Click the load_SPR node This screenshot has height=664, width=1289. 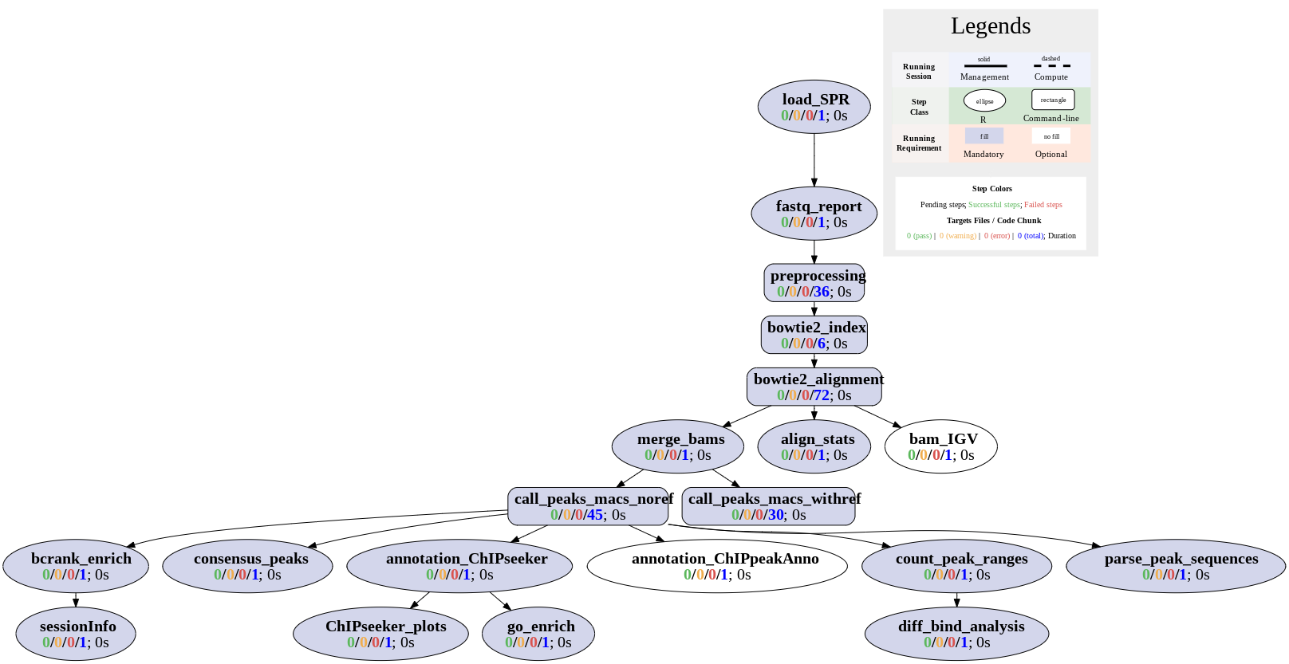pyautogui.click(x=814, y=107)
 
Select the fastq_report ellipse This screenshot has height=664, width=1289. pyautogui.click(x=814, y=214)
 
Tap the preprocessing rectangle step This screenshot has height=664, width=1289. pyautogui.click(x=814, y=283)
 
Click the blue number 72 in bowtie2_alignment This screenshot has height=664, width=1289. pyautogui.click(x=822, y=395)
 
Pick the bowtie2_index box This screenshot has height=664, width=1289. pyautogui.click(x=814, y=335)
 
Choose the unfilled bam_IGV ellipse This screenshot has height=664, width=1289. pyautogui.click(x=940, y=446)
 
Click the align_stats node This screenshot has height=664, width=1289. pyautogui.click(x=814, y=446)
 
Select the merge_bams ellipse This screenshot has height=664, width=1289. pyautogui.click(x=678, y=446)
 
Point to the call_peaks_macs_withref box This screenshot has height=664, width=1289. pyautogui.click(x=768, y=506)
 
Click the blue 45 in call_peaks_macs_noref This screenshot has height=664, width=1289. pyautogui.click(x=595, y=515)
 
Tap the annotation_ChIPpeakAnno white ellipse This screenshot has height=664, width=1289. pyautogui.click(x=716, y=566)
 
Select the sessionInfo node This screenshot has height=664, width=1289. pyautogui.click(x=76, y=634)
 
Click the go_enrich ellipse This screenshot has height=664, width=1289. pyautogui.click(x=538, y=634)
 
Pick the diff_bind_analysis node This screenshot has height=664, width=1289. pyautogui.click(x=956, y=634)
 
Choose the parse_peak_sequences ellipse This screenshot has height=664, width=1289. pyautogui.click(x=1175, y=566)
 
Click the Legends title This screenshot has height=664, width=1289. pyautogui.click(x=990, y=26)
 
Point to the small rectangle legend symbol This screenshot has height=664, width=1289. pyautogui.click(x=1052, y=100)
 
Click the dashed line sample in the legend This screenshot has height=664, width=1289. pyautogui.click(x=1051, y=66)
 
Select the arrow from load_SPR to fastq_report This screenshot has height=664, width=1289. pyautogui.click(x=814, y=160)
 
